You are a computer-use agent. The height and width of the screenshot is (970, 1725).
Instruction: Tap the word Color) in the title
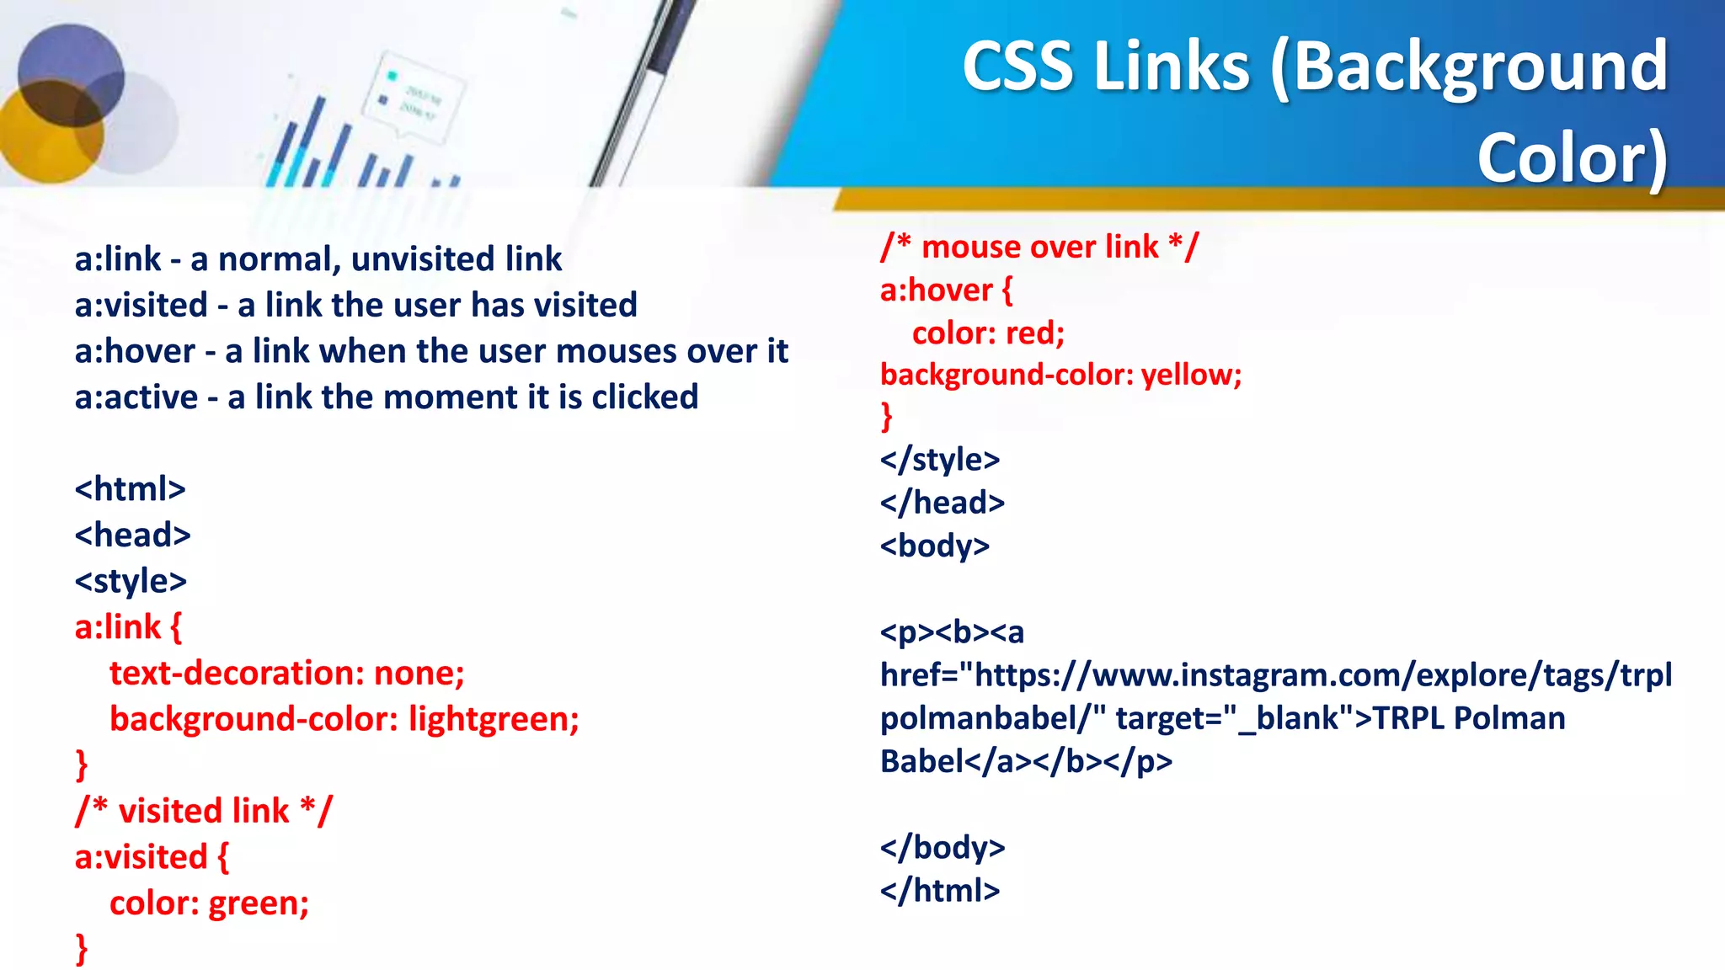pos(1572,158)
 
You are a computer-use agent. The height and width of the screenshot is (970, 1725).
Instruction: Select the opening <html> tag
pos(130,489)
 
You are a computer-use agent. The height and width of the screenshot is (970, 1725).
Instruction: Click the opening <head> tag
pos(132,536)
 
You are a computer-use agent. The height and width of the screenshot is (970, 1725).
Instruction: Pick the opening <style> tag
pos(131,582)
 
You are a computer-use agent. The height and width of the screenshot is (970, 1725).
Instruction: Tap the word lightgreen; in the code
pos(494,720)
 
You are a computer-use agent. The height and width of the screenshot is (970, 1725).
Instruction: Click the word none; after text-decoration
pos(419,674)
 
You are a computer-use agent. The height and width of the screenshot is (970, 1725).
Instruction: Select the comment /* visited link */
pos(203,811)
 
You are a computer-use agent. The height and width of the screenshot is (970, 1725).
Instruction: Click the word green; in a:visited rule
pos(259,903)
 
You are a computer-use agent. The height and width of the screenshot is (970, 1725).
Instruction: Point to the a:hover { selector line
pos(945,290)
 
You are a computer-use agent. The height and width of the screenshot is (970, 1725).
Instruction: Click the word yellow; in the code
pos(1191,375)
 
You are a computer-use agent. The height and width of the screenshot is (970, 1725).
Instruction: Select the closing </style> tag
pos(939,461)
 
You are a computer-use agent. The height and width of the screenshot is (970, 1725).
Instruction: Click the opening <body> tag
pos(934,546)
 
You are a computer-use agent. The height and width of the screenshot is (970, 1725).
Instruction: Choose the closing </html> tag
pos(939,891)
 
